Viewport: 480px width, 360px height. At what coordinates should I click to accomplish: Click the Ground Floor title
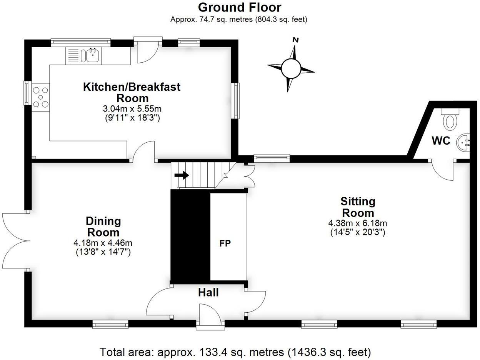click(239, 7)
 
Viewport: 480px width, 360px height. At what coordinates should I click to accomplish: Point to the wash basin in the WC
click(463, 142)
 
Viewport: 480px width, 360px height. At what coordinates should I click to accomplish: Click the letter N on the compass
click(295, 40)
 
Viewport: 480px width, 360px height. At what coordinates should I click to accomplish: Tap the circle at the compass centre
click(291, 69)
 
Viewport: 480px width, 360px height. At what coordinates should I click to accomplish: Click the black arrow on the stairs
click(181, 175)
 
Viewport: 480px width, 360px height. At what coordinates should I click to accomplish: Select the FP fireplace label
click(225, 243)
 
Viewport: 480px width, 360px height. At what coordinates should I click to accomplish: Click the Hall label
click(208, 293)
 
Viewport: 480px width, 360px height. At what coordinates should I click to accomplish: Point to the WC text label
click(441, 141)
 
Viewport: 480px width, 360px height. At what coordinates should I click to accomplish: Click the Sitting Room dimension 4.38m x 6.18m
click(357, 223)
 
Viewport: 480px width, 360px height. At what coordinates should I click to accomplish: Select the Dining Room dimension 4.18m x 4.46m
click(103, 243)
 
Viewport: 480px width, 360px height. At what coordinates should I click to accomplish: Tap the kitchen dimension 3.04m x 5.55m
click(132, 109)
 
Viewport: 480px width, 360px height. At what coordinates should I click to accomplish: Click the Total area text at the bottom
click(235, 352)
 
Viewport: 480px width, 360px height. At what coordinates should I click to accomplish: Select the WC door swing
click(442, 171)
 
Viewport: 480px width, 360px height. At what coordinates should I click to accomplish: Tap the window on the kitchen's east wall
click(235, 101)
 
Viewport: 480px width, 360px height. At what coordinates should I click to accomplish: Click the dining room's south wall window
click(110, 325)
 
